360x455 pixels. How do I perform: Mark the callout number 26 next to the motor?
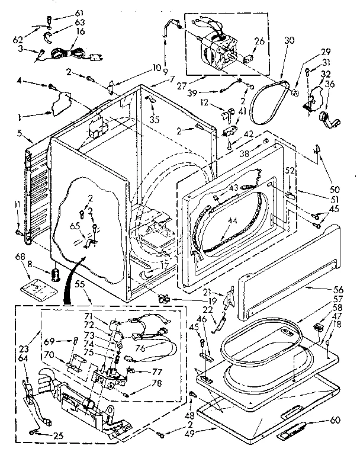tap(258, 41)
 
